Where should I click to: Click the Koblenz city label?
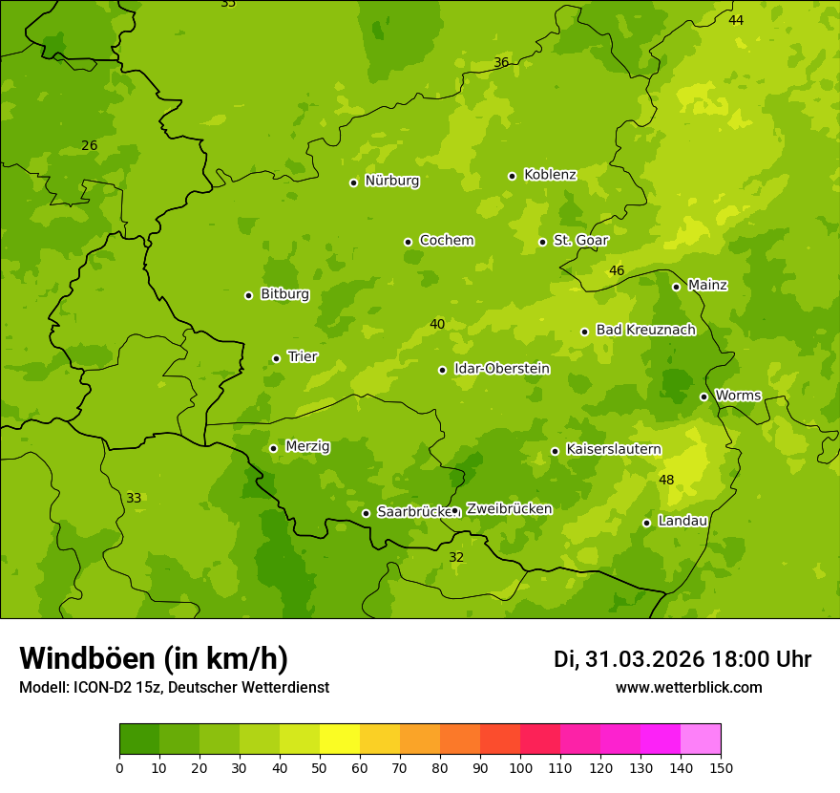(x=550, y=175)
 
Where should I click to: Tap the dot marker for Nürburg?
(x=353, y=182)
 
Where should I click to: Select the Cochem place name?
(x=446, y=241)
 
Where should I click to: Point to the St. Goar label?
(x=580, y=241)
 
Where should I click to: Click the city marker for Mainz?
(x=676, y=287)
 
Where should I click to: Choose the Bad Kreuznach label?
(x=645, y=331)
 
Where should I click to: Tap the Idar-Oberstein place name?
(x=501, y=369)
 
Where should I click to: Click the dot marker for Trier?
(x=276, y=358)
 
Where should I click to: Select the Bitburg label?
(x=284, y=294)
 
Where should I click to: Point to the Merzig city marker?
(x=273, y=448)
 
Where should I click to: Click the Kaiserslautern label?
(x=614, y=449)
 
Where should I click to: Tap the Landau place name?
(x=682, y=522)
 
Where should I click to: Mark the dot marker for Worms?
(x=703, y=396)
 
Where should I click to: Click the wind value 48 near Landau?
(x=666, y=480)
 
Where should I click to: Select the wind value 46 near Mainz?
(x=617, y=271)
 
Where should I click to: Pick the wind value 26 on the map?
(x=89, y=146)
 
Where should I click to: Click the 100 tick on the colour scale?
(x=520, y=766)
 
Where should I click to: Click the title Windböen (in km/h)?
(x=154, y=658)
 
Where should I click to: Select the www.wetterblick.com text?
(x=688, y=688)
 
